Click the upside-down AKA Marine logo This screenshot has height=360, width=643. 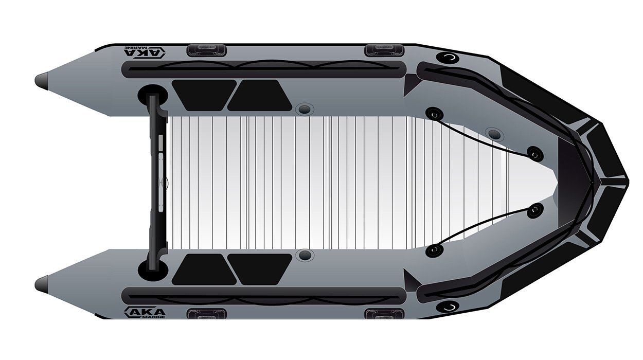tap(145, 52)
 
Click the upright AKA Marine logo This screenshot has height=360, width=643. tap(145, 313)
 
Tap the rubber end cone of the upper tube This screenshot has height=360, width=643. tap(42, 81)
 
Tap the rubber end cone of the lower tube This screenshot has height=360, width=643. tap(42, 284)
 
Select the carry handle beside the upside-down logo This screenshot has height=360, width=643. tap(207, 50)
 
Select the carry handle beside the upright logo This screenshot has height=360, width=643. tap(207, 314)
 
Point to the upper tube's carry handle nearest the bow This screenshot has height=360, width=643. tap(384, 50)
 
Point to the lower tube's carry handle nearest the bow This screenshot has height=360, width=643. tap(384, 314)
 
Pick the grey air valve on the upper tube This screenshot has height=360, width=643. tap(305, 109)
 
